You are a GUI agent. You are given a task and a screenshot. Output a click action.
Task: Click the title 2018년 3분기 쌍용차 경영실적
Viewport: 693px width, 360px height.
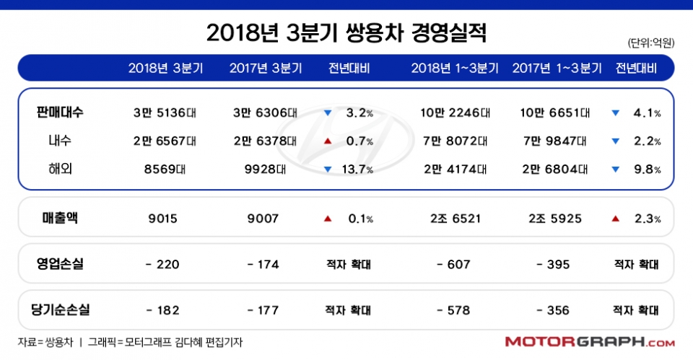pos(346,32)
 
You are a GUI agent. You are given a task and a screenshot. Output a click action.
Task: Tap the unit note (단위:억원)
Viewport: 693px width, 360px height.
pos(650,43)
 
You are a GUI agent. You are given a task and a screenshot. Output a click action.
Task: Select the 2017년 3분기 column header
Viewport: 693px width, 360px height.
pos(266,69)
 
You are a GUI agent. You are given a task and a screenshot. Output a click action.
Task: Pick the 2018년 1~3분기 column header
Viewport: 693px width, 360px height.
pos(455,69)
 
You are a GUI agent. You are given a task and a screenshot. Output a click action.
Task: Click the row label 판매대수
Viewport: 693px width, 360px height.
pos(60,113)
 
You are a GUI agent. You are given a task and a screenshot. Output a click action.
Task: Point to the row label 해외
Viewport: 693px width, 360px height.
pos(60,169)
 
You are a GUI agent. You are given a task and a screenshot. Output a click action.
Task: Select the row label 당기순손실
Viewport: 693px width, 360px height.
pos(60,310)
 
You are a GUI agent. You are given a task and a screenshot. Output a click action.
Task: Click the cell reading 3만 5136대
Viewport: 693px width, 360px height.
pos(165,113)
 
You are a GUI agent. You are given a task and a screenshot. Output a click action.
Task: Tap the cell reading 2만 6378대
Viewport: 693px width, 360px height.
pos(266,141)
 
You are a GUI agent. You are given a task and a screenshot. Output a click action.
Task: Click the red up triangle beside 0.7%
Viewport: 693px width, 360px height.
pos(328,141)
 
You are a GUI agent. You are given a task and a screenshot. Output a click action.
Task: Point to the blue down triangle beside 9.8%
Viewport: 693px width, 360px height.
pos(615,170)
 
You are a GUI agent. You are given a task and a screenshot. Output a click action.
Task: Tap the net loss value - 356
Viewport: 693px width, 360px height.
pos(553,310)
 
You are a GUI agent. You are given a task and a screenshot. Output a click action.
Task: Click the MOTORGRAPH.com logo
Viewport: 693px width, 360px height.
pos(590,341)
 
